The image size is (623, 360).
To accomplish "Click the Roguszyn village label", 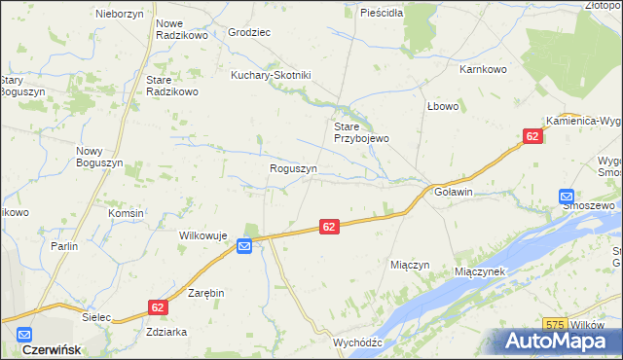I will tap(293, 168).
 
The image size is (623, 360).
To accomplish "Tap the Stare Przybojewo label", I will tap(361, 132).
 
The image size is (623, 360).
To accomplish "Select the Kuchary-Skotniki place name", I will tap(270, 75).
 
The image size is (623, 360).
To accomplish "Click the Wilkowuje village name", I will tap(202, 235).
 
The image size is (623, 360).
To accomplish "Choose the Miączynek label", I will tap(479, 271).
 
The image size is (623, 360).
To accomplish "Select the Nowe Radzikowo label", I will tap(182, 29).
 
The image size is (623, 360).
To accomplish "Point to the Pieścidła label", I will tap(381, 14).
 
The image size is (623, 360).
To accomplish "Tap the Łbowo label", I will tap(442, 106).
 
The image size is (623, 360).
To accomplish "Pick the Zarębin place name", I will tap(206, 292).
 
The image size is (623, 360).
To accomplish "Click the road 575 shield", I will tap(555, 325).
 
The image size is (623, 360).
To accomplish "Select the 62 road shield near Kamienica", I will tap(531, 138).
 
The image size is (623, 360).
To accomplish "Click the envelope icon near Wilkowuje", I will tap(244, 247).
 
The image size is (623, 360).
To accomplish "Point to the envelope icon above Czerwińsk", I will tap(23, 333).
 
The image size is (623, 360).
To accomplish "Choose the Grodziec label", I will tap(249, 32).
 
